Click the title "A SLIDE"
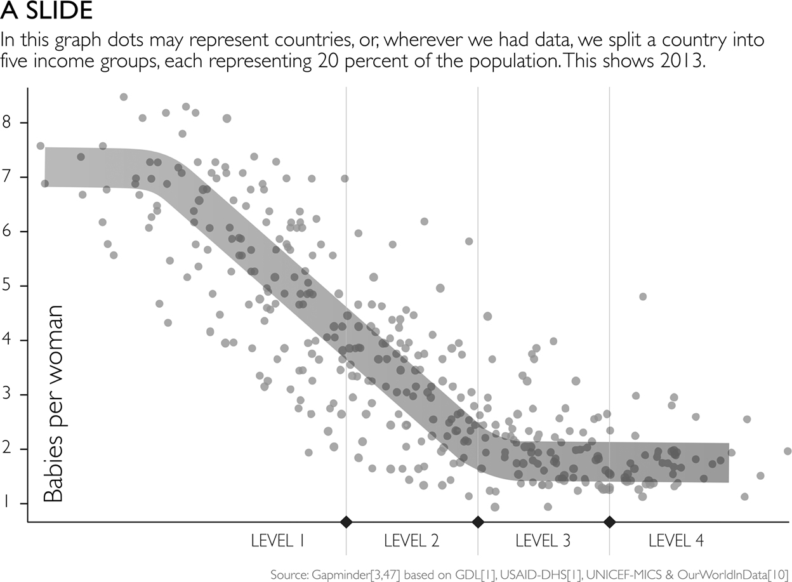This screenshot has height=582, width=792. [x=47, y=10]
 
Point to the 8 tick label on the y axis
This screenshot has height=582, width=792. [x=6, y=122]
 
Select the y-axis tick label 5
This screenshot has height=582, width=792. [x=6, y=286]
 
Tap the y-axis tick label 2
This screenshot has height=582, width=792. [x=6, y=449]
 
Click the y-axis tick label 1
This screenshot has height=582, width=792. [x=6, y=503]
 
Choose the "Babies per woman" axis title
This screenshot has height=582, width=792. [x=53, y=404]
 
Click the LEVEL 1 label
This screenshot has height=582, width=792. [x=277, y=541]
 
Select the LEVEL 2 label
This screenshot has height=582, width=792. [x=412, y=541]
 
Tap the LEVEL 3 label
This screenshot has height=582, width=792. [x=543, y=541]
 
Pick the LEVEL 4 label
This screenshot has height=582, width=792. [x=676, y=541]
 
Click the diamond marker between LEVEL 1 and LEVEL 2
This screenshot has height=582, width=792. [x=346, y=522]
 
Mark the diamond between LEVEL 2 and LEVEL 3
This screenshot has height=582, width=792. [x=478, y=522]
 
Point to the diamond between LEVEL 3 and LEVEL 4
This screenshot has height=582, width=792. [x=610, y=522]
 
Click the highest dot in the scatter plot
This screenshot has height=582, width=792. [x=124, y=97]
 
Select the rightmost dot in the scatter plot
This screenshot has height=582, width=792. [x=788, y=451]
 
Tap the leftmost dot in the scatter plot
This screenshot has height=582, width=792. [x=41, y=146]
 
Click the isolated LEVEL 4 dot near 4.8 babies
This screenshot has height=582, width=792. [x=643, y=296]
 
